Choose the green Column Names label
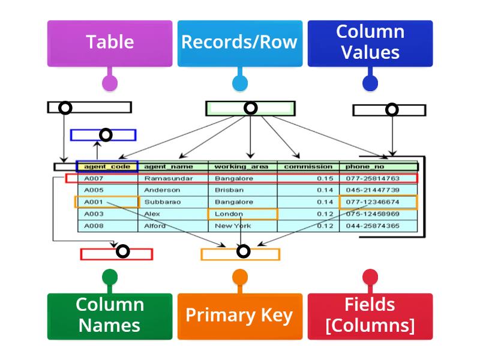pos(110,316)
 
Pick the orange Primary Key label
pos(239,316)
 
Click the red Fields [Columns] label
pos(370,316)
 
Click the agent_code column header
pos(107,166)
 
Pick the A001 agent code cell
pos(94,202)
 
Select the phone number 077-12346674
pos(373,202)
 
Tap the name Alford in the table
pos(155,226)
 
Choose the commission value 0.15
pos(325,178)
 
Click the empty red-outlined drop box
pos(117,254)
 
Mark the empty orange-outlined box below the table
pos(241,254)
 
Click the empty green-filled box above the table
pos(250,108)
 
